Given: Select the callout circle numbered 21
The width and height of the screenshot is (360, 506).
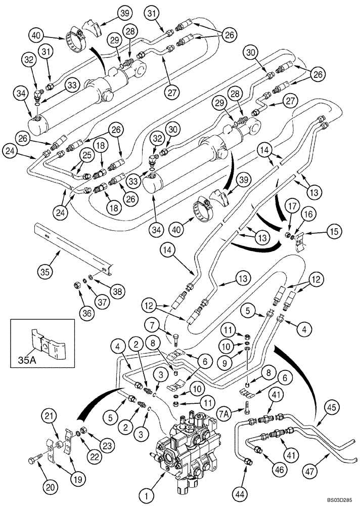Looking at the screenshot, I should pos(49,416).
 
